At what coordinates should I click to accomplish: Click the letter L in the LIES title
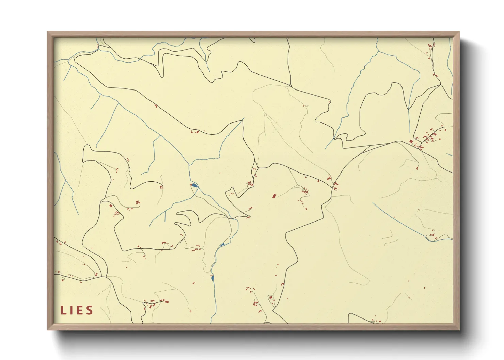tap(64, 310)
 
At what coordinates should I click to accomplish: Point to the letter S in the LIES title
tap(90, 310)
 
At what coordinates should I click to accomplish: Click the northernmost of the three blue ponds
tap(194, 185)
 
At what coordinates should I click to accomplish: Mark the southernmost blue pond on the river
tap(212, 278)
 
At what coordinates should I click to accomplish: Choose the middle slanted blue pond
tap(222, 244)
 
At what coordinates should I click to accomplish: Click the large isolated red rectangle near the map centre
tap(274, 196)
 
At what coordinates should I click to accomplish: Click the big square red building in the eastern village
tap(411, 141)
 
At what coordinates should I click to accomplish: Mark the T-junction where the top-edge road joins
tap(290, 85)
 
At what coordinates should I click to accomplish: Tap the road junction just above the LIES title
tap(106, 277)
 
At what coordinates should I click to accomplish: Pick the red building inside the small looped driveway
tap(271, 298)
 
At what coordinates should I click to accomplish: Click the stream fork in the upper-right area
tap(378, 52)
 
